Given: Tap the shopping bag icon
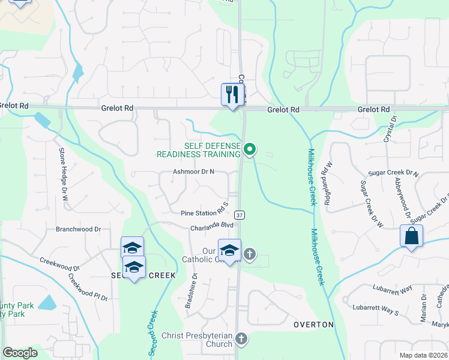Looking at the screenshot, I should click(x=412, y=236).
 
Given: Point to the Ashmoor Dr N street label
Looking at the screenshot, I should click(x=194, y=172).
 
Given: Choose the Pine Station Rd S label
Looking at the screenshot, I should click(x=205, y=213).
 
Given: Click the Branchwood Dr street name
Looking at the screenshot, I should click(x=78, y=229).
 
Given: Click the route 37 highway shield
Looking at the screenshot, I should click(x=240, y=215).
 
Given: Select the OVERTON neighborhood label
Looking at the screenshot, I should click(x=313, y=325).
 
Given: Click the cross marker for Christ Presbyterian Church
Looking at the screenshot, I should click(x=241, y=339).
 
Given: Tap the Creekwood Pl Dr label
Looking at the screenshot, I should click(x=88, y=287).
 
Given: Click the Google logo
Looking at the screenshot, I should click(x=20, y=353).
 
